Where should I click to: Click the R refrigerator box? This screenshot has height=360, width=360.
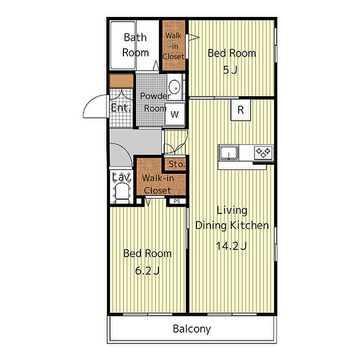pos(241,110)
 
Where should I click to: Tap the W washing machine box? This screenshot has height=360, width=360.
pos(175,114)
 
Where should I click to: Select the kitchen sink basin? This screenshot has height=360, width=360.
pos(229,153)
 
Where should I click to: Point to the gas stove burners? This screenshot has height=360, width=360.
pos(263,152)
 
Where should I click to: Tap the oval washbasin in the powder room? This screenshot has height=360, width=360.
pos(174,87)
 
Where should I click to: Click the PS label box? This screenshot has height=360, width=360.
pos(177,201)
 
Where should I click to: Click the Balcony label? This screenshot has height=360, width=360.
pos(192,329)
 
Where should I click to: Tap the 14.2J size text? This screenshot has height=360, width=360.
pos(231,246)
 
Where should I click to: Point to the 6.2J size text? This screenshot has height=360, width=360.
pos(147,271)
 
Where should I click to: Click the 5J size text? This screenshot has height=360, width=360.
pos(230,69)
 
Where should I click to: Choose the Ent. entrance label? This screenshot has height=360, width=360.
pos(121,107)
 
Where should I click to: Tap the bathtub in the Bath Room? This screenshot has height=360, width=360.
pos(123,45)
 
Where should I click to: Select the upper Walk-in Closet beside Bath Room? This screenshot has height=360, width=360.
pos(174,45)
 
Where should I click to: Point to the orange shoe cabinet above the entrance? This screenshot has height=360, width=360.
pos(121,81)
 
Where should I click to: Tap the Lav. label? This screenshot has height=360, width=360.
pos(122,177)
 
